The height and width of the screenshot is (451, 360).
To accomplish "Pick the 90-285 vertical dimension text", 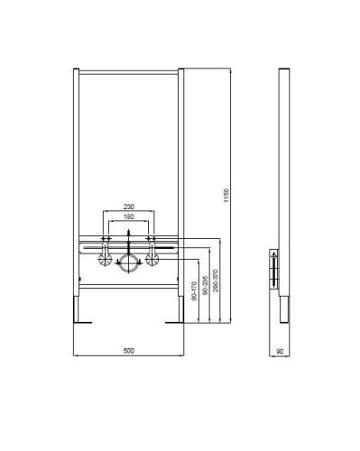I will point(207,287).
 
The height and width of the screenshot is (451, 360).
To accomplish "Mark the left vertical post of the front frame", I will point(78,162).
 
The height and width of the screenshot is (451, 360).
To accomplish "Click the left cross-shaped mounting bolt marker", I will point(106,241).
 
